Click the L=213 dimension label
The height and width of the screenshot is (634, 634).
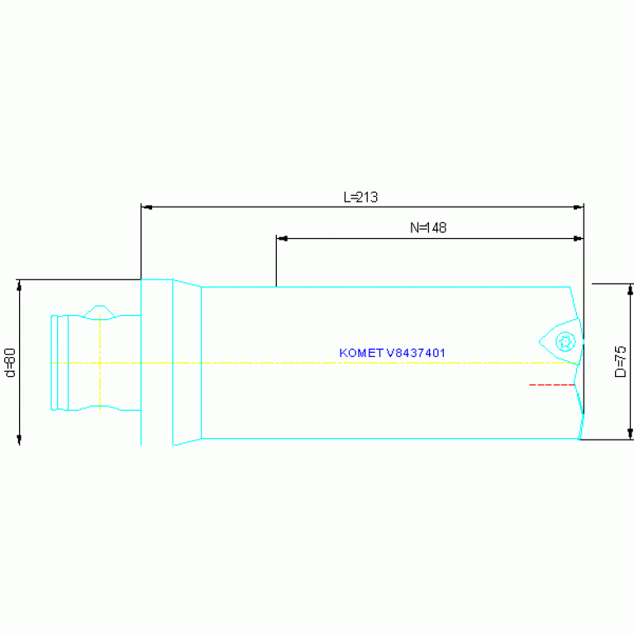pos(360,198)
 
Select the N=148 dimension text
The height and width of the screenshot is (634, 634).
pos(428,228)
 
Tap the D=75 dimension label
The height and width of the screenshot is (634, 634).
pos(621,362)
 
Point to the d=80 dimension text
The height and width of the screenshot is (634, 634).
pos(11,362)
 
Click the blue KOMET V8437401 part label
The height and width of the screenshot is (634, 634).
pos(393,353)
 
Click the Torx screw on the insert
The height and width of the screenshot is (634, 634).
pos(565,341)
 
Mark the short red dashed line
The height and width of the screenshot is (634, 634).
pos(551,385)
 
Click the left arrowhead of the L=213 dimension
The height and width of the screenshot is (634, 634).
pos(146,207)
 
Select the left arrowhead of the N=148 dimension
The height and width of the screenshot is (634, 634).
pos(281,239)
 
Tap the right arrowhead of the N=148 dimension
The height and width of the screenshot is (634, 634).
pos(579,239)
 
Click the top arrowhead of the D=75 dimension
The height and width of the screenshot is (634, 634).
pos(631,288)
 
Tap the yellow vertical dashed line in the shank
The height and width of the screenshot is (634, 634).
pos(99,364)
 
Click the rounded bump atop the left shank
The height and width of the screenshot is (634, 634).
pos(100,311)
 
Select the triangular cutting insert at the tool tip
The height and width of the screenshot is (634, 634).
pos(560,341)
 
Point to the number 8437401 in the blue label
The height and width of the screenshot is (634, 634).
pos(417,353)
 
